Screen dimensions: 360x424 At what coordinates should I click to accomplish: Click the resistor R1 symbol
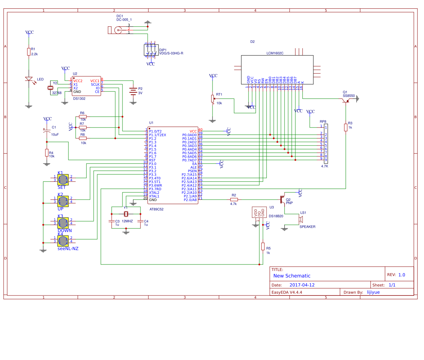coord(29,52)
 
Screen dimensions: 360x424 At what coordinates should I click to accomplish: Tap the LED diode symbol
coord(29,79)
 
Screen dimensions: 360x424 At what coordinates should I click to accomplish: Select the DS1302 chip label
coord(79,98)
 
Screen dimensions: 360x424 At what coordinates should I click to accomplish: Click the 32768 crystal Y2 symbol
coord(50,88)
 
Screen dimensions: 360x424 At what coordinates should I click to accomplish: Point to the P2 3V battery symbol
coord(133,91)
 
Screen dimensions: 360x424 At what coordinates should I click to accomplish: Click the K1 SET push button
coord(63,179)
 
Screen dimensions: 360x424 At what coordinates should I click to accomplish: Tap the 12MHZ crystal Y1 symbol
coord(126,214)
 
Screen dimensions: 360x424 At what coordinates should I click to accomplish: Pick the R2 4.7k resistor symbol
coord(234,199)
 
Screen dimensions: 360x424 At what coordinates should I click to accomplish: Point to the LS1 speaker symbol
coord(301,219)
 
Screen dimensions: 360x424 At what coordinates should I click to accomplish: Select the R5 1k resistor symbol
coord(263,246)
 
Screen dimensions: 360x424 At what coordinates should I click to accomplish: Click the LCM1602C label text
coord(275,53)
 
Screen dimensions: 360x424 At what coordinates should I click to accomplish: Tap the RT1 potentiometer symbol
coord(213,98)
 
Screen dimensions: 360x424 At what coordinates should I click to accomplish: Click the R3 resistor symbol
coord(346,127)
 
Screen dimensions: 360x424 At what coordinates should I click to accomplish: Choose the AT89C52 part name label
coord(156,209)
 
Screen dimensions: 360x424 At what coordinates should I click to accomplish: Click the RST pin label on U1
coord(152,160)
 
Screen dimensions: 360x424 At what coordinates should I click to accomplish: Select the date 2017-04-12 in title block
coord(302,285)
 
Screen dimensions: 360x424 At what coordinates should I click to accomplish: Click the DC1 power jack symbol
coord(117,30)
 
